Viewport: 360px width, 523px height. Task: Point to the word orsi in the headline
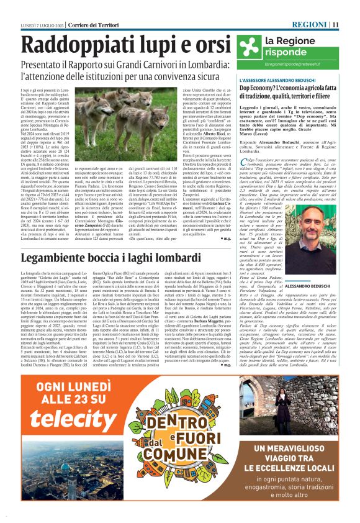pyautogui.click(x=209, y=45)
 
